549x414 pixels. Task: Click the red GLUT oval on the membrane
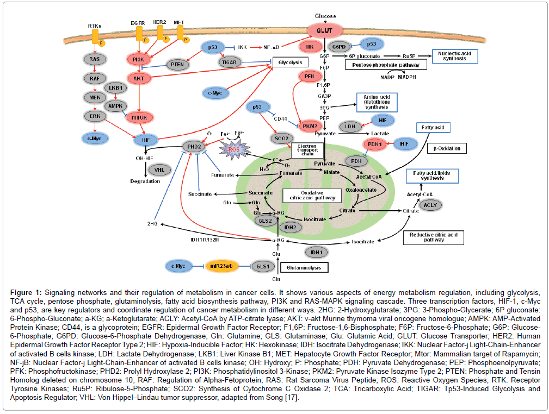pos(325,30)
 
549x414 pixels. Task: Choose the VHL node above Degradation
pos(159,170)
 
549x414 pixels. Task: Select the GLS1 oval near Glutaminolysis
pos(262,266)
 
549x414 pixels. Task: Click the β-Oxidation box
pos(447,148)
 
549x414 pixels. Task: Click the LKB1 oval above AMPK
pos(115,87)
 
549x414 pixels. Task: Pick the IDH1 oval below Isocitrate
pos(316,252)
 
